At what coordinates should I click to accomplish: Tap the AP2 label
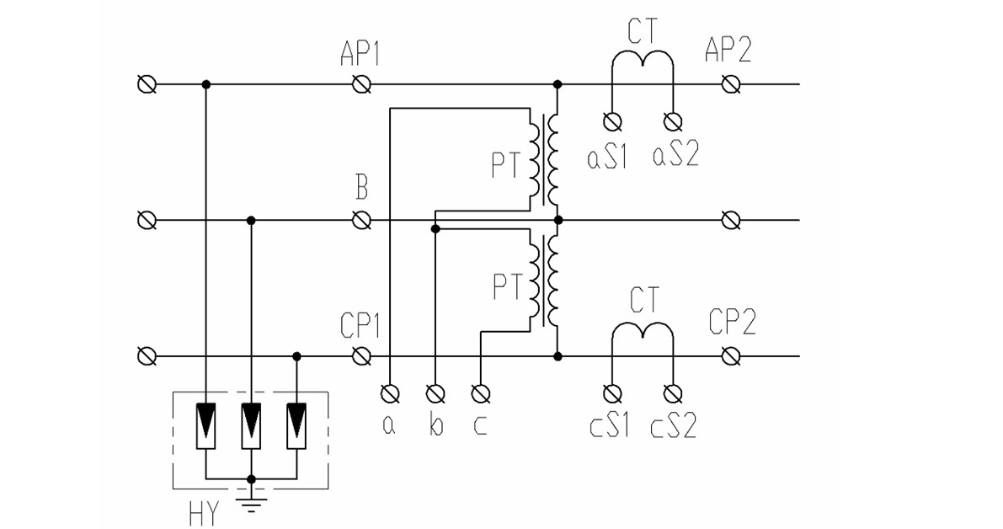click(x=728, y=49)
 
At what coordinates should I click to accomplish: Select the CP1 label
click(x=360, y=326)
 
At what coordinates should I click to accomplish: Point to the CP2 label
click(x=733, y=322)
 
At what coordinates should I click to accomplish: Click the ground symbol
click(x=252, y=503)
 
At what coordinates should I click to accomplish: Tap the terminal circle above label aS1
click(x=612, y=120)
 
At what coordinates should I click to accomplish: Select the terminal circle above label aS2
click(x=673, y=120)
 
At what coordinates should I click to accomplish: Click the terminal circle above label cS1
click(x=612, y=393)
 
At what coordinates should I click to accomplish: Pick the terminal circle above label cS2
click(x=673, y=393)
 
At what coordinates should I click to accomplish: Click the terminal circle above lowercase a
click(x=390, y=393)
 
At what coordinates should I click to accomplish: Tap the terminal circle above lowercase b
click(x=435, y=393)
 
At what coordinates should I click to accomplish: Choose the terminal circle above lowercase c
click(x=480, y=393)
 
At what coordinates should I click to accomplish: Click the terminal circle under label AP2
click(x=730, y=83)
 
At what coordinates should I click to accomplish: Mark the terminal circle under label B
click(x=361, y=220)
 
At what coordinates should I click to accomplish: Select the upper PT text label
click(x=507, y=165)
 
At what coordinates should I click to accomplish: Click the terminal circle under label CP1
click(x=361, y=356)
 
